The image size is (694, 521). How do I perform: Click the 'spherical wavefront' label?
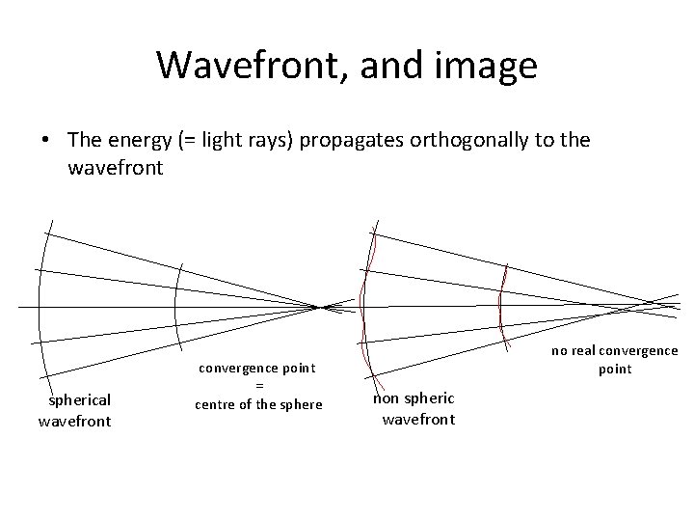[x=74, y=410]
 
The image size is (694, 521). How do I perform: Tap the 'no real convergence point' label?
[x=614, y=359]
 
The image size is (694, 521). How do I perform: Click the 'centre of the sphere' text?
[x=258, y=403]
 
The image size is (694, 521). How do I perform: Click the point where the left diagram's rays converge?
[x=319, y=307]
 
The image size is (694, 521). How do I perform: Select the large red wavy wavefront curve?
[x=363, y=289]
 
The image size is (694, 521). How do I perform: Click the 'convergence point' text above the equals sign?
[x=258, y=368]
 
